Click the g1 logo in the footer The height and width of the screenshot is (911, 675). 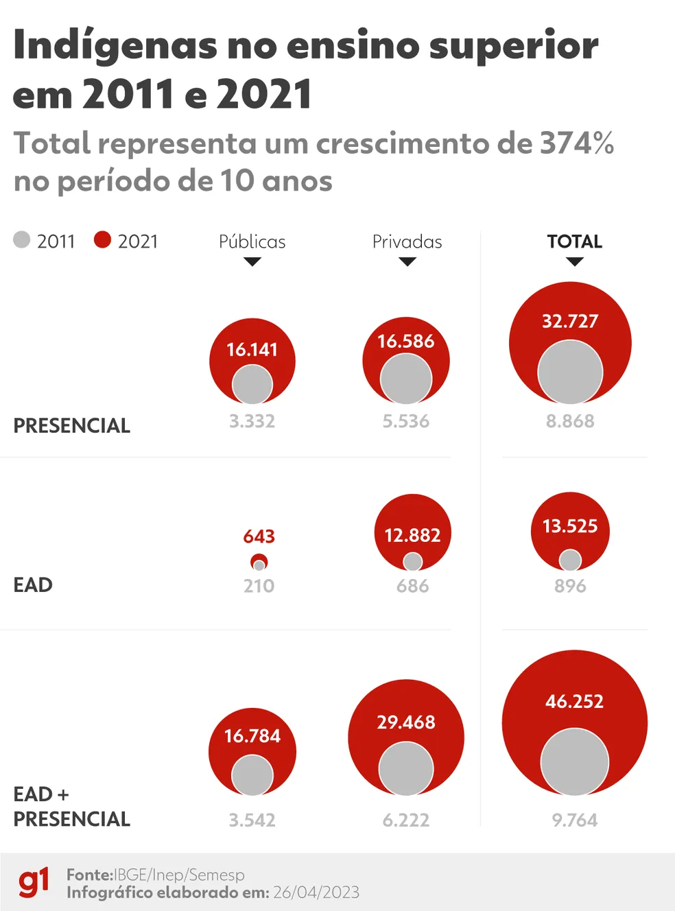pos(34,883)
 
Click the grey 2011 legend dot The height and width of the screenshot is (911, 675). pos(22,239)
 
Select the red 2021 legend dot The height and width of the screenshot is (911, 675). pos(102,239)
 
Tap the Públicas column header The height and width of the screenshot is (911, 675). pos(252,241)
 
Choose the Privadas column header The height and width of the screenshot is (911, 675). pos(407,241)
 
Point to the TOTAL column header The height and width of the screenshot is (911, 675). pos(574,241)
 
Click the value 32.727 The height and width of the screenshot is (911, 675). pos(570,321)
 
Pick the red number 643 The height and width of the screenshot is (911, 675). pos(259,536)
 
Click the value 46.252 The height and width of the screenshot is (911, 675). pos(574,701)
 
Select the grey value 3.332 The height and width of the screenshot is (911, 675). pos(252,421)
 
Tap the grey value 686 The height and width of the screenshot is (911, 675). pos(412,586)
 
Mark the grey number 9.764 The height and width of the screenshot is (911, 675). pos(574,820)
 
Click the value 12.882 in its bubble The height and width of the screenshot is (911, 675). pos(412,535)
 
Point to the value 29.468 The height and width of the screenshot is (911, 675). pos(405,722)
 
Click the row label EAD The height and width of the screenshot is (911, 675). pos(33,585)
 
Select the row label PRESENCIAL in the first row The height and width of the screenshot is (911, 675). pos(71,425)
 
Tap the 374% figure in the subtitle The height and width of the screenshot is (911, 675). pos(576,143)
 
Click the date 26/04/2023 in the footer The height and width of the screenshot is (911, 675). pos(316,892)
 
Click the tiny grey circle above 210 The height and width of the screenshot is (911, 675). pos(259,566)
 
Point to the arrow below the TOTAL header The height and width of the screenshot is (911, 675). pos(574,261)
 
